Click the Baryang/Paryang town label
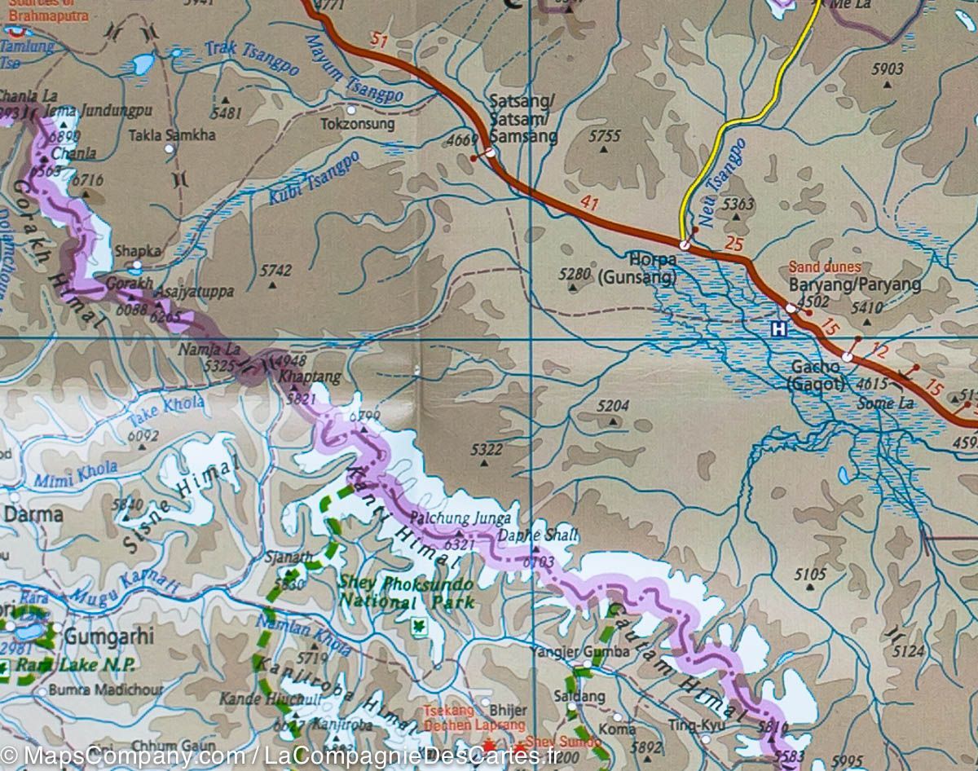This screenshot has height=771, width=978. [x=855, y=284]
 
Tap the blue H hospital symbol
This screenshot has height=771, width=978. [x=780, y=329]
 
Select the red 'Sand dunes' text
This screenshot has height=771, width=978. [x=825, y=267]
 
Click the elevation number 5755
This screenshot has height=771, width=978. [x=604, y=136]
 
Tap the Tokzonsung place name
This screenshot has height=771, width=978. [x=357, y=125]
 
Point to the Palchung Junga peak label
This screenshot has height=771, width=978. [x=462, y=518]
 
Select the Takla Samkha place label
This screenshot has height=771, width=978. [x=172, y=134]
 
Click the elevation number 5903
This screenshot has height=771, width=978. [x=887, y=69]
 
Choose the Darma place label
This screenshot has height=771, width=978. [x=33, y=515]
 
